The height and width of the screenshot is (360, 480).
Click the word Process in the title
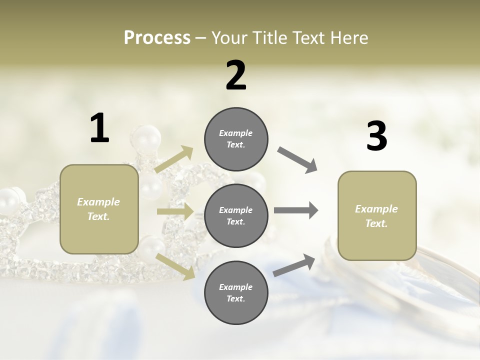pyautogui.click(x=157, y=37)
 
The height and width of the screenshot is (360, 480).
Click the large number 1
pyautogui.click(x=99, y=128)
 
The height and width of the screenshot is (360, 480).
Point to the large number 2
pyautogui.click(x=236, y=75)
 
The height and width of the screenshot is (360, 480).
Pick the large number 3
pyautogui.click(x=376, y=136)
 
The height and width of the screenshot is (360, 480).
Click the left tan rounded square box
pyautogui.click(x=99, y=209)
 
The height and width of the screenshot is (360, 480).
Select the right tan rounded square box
pyautogui.click(x=377, y=215)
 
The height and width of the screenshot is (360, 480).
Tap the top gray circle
pyautogui.click(x=236, y=139)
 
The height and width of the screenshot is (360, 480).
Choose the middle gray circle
pyautogui.click(x=236, y=215)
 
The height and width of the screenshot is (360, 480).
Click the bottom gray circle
pyautogui.click(x=236, y=292)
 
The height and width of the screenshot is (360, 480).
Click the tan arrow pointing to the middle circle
pyautogui.click(x=175, y=211)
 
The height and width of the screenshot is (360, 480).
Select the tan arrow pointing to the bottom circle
pyautogui.click(x=175, y=266)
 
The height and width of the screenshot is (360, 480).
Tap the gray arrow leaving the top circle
pyautogui.click(x=297, y=160)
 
